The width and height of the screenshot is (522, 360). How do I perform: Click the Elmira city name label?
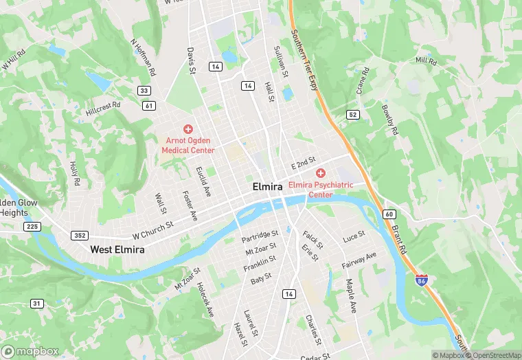tap(266, 187)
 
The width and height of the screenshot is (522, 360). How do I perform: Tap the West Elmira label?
tap(117, 250)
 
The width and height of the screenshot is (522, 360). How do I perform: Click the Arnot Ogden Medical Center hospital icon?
tap(188, 129)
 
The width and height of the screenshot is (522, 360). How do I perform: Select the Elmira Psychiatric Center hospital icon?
tap(321, 172)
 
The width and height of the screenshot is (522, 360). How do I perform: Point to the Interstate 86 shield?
tap(421, 280)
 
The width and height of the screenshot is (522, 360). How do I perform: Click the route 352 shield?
tap(79, 235)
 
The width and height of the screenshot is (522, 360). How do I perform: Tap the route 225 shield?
tap(32, 227)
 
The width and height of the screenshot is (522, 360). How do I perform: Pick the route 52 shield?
tap(353, 114)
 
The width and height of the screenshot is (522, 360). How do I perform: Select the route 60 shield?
tap(389, 214)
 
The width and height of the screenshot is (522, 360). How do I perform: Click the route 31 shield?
tap(37, 303)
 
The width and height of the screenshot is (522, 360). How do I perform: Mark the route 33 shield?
tap(144, 91)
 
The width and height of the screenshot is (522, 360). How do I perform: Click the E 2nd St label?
tap(303, 163)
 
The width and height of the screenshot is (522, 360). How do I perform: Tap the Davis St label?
tap(192, 61)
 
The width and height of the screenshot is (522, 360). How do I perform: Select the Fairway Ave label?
tap(360, 261)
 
